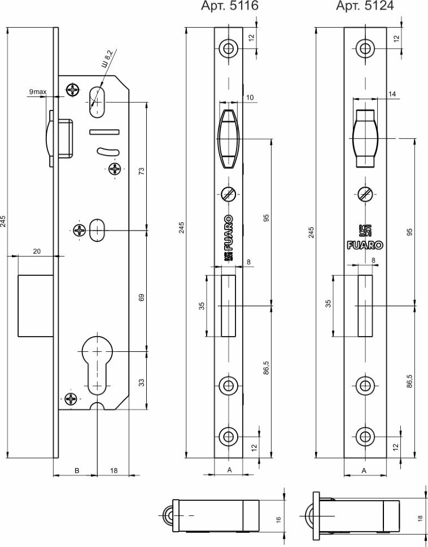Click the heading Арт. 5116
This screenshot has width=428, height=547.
pyautogui.click(x=230, y=6)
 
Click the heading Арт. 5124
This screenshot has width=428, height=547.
pyautogui.click(x=365, y=6)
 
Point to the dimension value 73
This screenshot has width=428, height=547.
pyautogui.click(x=142, y=171)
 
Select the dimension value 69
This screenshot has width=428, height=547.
pyautogui.click(x=142, y=297)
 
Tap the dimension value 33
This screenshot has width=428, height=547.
pyautogui.click(x=142, y=382)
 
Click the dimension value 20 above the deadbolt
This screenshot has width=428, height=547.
pyautogui.click(x=37, y=252)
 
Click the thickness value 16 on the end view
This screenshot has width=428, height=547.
pyautogui.click(x=278, y=519)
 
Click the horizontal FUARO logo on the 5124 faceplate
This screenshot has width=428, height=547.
pyautogui.click(x=364, y=245)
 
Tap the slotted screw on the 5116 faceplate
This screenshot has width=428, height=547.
pyautogui.click(x=229, y=194)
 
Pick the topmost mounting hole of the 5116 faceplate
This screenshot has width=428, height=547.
pyautogui.click(x=229, y=48)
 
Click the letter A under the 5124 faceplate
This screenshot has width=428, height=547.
pyautogui.click(x=364, y=469)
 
